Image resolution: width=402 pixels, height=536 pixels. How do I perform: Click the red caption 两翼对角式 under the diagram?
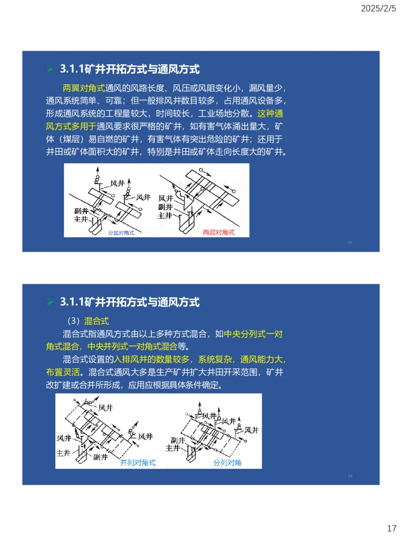[219, 233]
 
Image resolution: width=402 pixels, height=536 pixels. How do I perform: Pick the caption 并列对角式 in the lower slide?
[138, 463]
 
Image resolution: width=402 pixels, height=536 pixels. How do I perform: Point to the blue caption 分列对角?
[227, 463]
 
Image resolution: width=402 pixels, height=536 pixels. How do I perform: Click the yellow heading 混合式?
[96, 321]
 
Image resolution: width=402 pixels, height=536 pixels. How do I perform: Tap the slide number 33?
[350, 243]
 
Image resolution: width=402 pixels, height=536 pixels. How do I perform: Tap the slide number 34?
[350, 476]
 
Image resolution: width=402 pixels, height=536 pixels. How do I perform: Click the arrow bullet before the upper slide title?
[50, 69]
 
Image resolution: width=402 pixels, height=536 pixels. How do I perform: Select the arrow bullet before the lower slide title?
[50, 302]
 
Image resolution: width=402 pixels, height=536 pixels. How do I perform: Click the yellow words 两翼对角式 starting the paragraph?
[83, 88]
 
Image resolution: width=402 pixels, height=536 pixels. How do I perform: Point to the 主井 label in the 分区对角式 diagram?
[81, 219]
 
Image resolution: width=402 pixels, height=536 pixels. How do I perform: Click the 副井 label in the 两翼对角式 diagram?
[165, 207]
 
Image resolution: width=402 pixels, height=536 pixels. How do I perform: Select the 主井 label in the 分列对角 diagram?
[173, 448]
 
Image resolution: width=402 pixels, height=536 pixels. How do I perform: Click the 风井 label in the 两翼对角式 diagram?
[166, 198]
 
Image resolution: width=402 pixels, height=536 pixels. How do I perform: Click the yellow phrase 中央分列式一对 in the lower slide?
[255, 334]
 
